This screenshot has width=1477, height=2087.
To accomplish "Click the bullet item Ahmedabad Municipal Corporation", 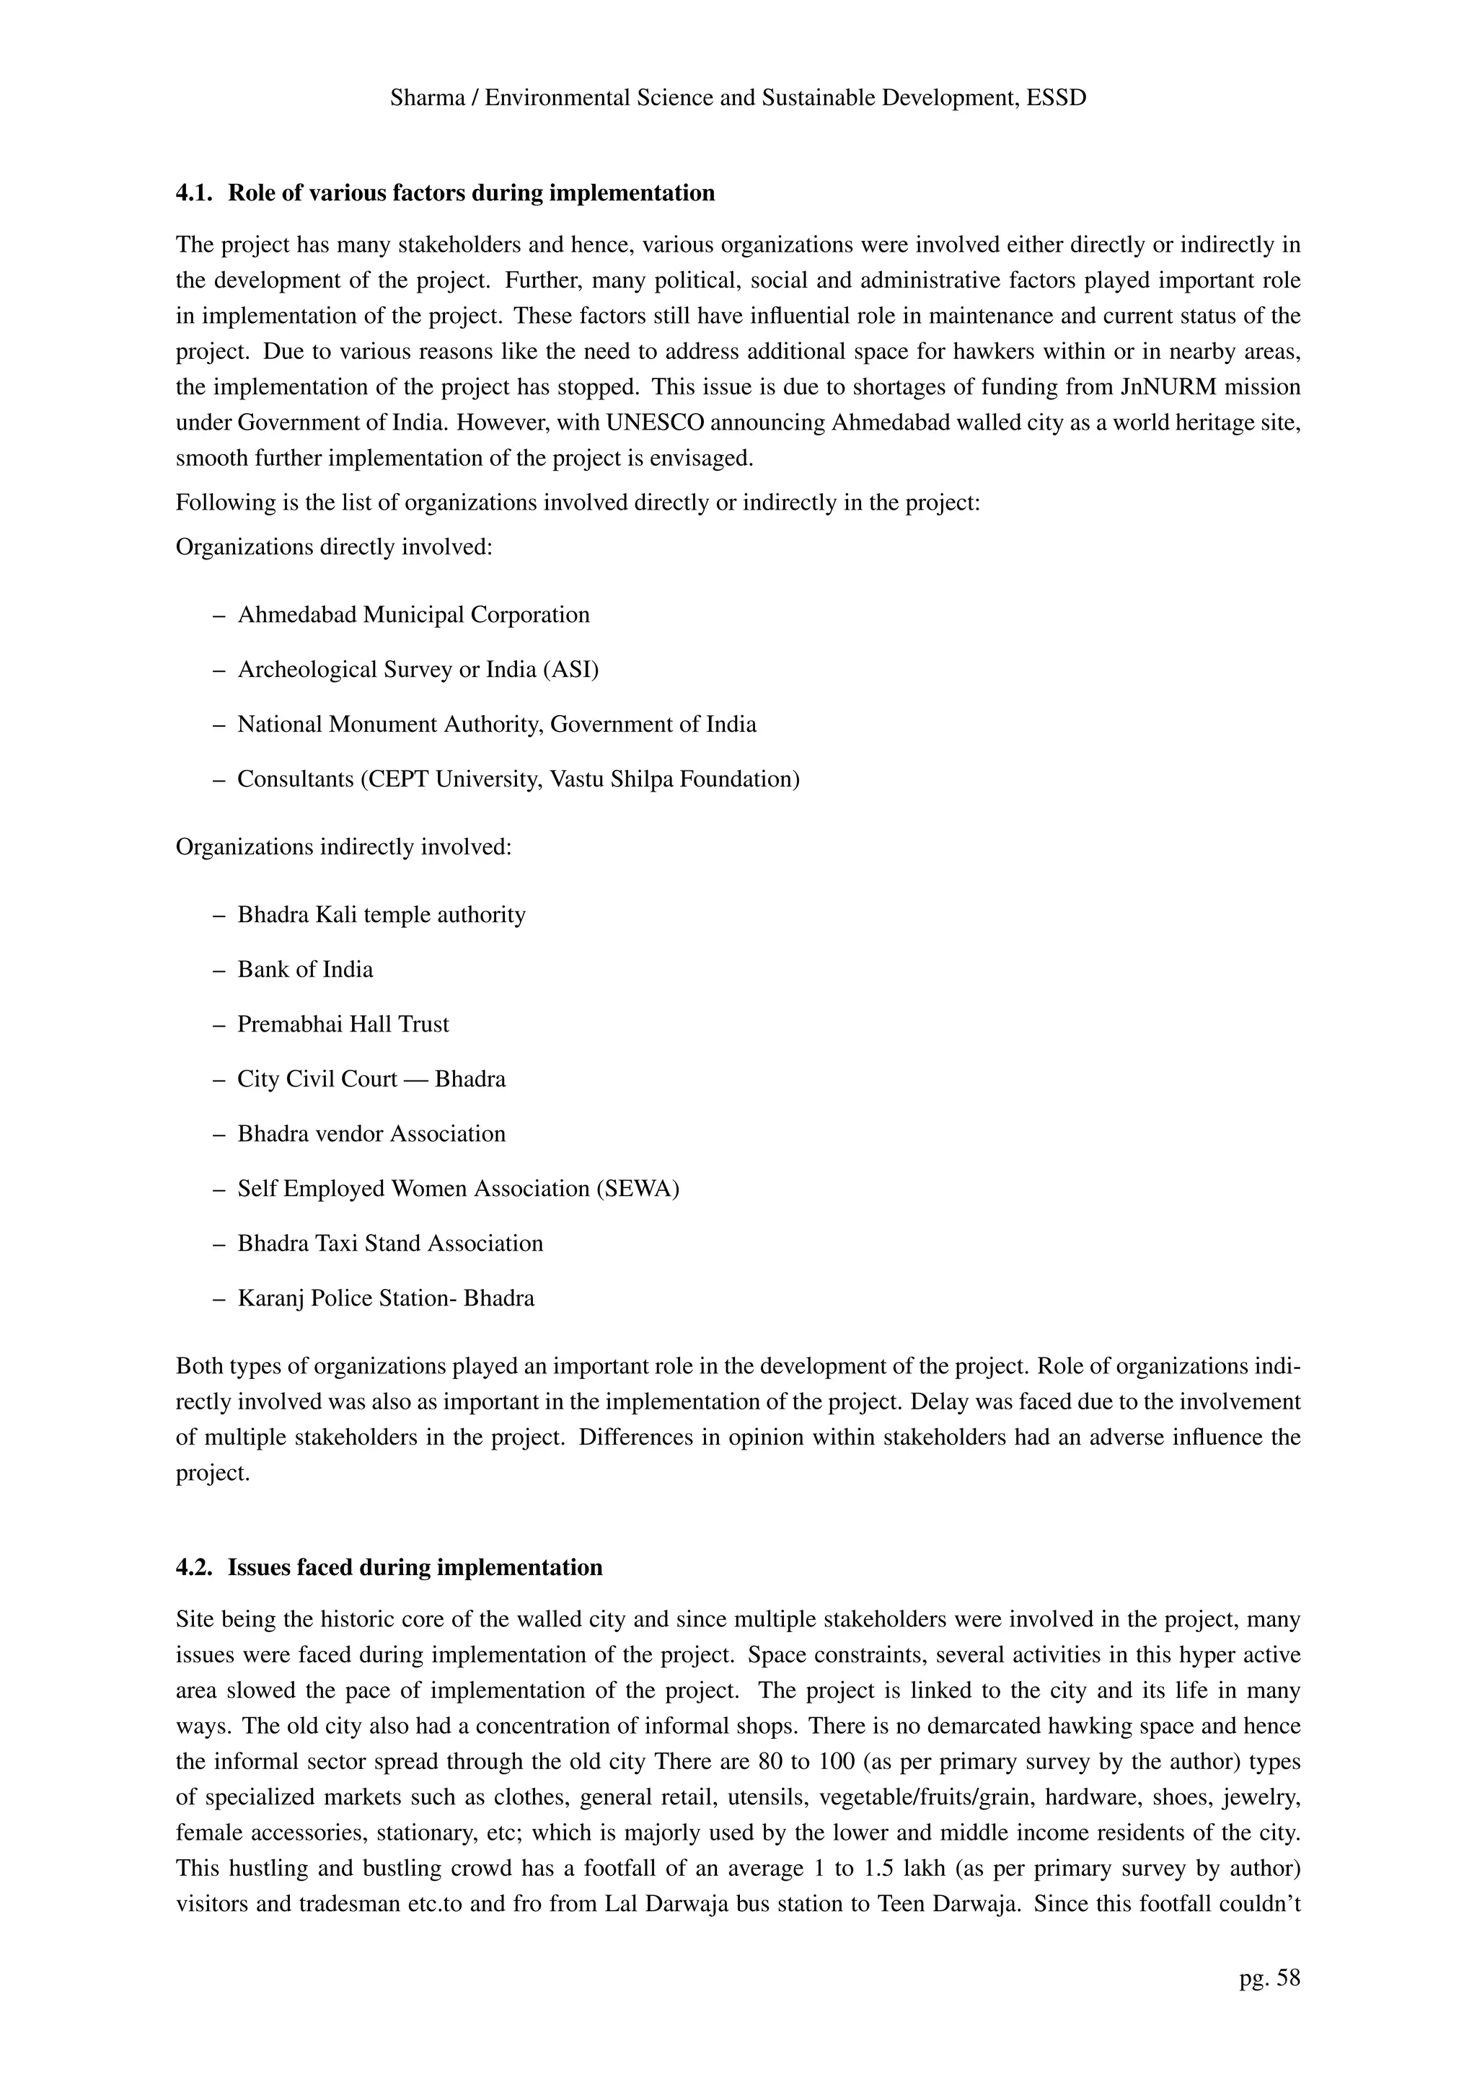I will (x=413, y=616).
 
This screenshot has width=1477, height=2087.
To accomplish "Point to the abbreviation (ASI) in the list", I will (x=571, y=670).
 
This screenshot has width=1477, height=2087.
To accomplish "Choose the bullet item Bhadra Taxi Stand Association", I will (x=390, y=1244).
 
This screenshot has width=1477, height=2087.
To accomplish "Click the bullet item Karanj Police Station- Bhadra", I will (x=386, y=1298).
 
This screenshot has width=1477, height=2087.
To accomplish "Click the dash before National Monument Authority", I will (x=219, y=725).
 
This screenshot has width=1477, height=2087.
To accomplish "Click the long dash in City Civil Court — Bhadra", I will (x=415, y=1080).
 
